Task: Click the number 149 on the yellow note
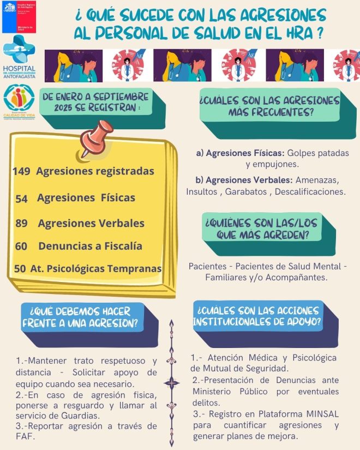(x=21, y=171)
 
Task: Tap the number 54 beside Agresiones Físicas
(x=22, y=199)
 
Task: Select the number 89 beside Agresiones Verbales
(x=22, y=224)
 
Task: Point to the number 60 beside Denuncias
(x=21, y=247)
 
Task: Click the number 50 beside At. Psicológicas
(x=20, y=269)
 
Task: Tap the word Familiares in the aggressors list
(x=225, y=277)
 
